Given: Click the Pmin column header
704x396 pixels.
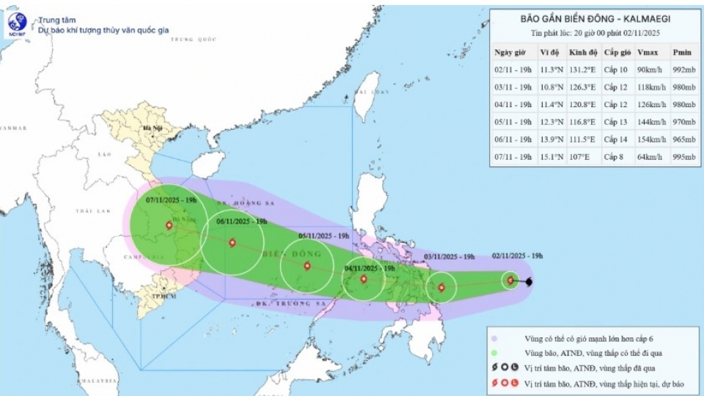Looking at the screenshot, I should click(x=682, y=53).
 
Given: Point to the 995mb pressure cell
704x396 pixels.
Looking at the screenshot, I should click(x=682, y=157).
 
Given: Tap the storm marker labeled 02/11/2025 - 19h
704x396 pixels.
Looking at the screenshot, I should click(x=510, y=280).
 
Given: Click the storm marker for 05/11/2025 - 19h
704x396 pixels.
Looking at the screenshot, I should click(x=307, y=266).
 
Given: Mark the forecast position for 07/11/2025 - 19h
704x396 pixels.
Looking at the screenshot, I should click(x=170, y=226).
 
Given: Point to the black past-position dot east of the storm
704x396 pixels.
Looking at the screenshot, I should click(x=529, y=282).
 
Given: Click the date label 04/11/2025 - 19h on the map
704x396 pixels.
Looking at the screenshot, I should click(x=369, y=268).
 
